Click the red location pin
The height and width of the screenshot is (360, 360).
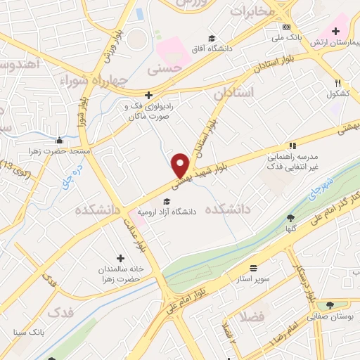point(181,165)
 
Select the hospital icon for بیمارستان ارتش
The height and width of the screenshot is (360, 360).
point(335,31)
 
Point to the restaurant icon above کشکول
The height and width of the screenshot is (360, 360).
point(338,83)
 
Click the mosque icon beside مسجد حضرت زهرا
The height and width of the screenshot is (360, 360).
point(60,141)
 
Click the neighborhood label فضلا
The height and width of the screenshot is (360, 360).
point(251,317)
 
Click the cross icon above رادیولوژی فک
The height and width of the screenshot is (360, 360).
point(148,95)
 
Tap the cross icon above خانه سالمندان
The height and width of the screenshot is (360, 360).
point(120,258)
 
